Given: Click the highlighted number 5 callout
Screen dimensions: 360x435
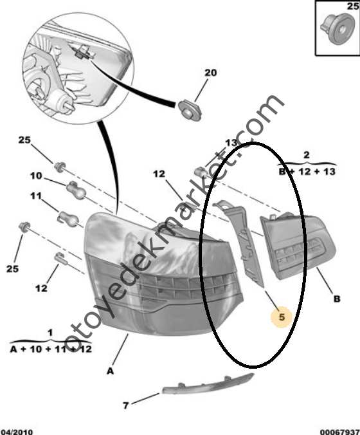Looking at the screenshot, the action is (x=282, y=317).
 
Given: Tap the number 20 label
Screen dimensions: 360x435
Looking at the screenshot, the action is (x=210, y=73).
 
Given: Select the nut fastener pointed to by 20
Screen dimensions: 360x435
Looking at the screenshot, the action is (x=190, y=111).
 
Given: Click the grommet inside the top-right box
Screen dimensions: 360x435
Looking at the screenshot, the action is (x=337, y=29).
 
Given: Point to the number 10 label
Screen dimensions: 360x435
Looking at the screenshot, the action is (x=36, y=176).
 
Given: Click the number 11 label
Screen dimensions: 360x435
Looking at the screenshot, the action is (x=36, y=196).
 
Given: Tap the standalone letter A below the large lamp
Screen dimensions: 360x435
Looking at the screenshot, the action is (x=111, y=371).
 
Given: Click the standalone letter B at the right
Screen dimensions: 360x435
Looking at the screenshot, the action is (x=337, y=299).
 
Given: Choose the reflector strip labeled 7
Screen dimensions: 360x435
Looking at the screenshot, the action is (x=208, y=385).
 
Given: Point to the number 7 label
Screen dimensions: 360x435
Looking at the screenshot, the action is (x=126, y=405).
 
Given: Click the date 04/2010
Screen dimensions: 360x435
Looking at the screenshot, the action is (x=17, y=432).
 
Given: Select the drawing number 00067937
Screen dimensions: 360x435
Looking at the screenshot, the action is (x=340, y=432).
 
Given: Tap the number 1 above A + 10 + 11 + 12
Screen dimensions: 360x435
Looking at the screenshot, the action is (x=50, y=332).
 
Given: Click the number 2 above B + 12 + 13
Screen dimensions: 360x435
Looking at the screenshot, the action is (x=306, y=155).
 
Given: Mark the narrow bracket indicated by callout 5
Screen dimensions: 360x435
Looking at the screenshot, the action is (x=241, y=242).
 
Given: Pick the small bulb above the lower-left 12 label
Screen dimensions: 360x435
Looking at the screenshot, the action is (x=61, y=259).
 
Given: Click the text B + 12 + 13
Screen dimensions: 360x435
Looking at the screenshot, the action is (x=307, y=171).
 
